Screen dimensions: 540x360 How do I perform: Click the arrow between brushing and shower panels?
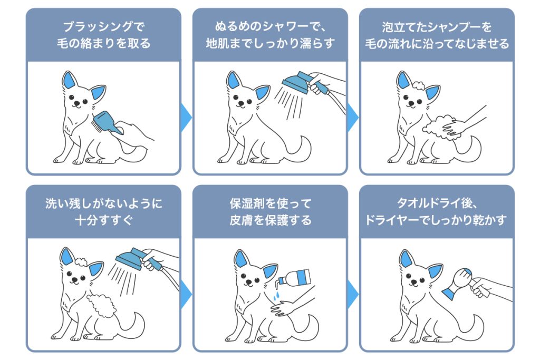pos(186,118)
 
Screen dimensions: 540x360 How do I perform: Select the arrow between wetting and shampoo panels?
pos(353,118)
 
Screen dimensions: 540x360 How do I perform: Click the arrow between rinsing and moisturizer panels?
pos(186,294)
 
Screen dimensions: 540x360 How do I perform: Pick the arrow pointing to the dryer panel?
pos(353,294)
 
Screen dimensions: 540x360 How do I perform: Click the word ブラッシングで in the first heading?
pos(104,26)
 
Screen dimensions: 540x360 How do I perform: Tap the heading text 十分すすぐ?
pos(104,220)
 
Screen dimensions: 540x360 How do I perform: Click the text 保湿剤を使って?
pos(271,203)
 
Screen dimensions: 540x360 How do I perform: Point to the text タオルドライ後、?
pos(437,203)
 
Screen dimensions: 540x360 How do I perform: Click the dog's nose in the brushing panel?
pos(77,103)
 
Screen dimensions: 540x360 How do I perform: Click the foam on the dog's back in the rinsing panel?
pos(102,306)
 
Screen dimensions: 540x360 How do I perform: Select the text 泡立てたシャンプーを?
pos(437,26)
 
